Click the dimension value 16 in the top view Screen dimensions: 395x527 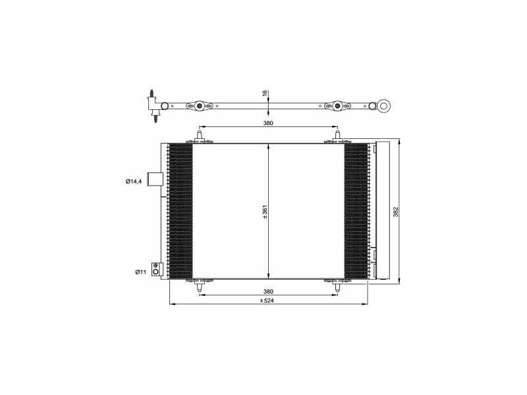[265, 94]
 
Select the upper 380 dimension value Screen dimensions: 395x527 [268, 122]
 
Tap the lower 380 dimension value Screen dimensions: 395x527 [268, 291]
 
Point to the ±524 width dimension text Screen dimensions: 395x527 [266, 301]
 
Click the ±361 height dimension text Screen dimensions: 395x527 [265, 211]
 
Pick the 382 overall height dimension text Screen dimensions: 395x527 [396, 212]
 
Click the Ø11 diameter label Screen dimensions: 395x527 [140, 271]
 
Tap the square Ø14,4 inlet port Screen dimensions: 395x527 [154, 179]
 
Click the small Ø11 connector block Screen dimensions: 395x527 [156, 269]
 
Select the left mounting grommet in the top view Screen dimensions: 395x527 [199, 105]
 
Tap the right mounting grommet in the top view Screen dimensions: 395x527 [337, 105]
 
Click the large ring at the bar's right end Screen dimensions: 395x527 [385, 105]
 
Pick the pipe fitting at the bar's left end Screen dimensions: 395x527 [154, 105]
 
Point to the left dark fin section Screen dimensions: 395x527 [180, 211]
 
